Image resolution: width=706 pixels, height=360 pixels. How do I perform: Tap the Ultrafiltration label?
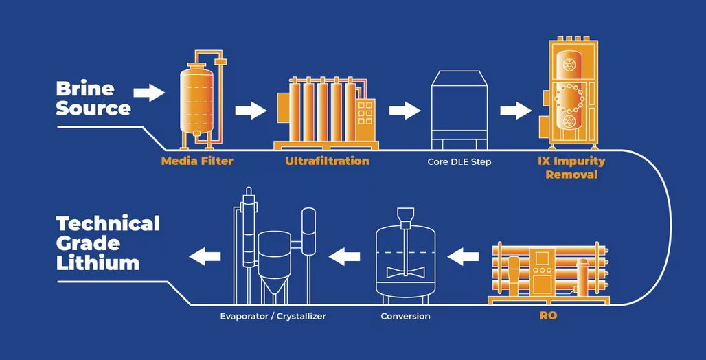[x=327, y=161]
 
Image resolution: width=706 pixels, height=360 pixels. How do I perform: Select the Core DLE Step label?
[x=459, y=161]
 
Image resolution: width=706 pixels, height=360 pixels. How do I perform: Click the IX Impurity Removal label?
[x=571, y=168]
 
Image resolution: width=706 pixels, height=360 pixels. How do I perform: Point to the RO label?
[x=548, y=317]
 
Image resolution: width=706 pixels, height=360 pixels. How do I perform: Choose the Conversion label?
[x=405, y=316]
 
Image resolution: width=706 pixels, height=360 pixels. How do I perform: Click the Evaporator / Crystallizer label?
[x=273, y=316]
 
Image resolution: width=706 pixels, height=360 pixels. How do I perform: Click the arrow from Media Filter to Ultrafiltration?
[x=250, y=110]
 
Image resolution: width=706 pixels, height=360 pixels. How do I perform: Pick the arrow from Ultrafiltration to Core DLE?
[x=405, y=110]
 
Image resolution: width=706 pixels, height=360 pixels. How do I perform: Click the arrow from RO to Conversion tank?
[x=464, y=257]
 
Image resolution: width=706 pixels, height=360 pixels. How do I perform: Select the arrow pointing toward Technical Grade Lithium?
[x=205, y=256]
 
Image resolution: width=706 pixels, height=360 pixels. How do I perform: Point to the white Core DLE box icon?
[x=459, y=110]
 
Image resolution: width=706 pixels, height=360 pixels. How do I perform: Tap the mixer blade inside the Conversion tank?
[x=405, y=271]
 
